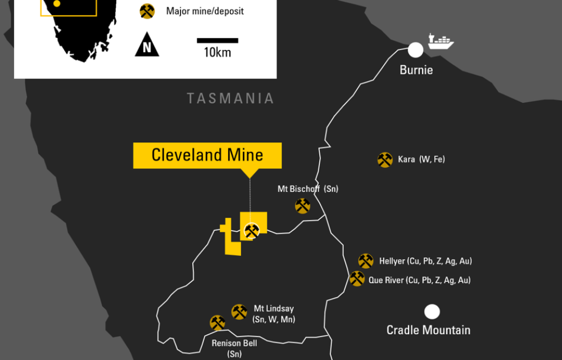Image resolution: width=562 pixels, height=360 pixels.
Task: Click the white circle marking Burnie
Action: click(x=415, y=50)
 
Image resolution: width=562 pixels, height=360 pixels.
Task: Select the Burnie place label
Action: click(x=416, y=70)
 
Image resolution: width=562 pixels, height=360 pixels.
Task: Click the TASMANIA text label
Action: click(x=230, y=98)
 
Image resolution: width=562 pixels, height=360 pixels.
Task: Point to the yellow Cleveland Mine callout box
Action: click(x=207, y=155)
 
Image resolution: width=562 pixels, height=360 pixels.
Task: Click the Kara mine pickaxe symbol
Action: click(x=385, y=160)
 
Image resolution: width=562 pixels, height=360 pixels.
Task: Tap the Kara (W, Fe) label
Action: click(x=421, y=160)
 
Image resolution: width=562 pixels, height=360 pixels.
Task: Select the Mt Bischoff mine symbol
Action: click(x=302, y=206)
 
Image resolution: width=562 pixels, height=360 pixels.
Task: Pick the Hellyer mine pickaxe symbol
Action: click(x=366, y=261)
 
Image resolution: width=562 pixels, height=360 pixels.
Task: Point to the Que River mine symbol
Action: click(x=357, y=278)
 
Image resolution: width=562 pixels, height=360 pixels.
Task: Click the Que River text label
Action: click(x=419, y=280)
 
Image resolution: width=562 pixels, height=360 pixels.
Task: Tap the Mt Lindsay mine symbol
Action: click(x=239, y=312)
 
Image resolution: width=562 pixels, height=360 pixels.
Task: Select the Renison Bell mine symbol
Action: click(x=217, y=322)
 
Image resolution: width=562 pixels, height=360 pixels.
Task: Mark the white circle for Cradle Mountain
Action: click(x=432, y=311)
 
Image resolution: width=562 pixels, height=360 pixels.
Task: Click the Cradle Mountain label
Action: click(x=428, y=330)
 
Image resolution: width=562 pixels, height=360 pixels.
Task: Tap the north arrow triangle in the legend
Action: click(x=147, y=45)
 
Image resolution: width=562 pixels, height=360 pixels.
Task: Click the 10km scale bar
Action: click(x=217, y=40)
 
